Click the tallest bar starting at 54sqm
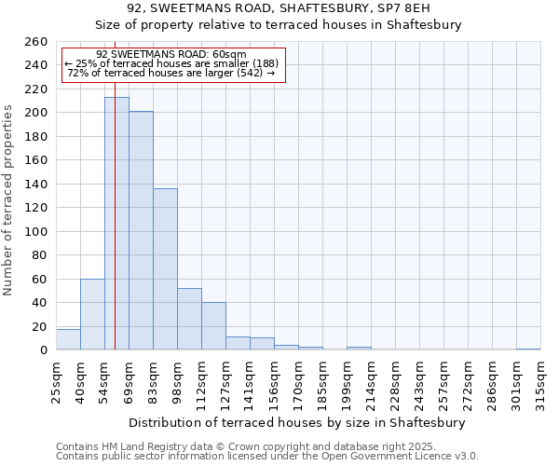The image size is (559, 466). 116,224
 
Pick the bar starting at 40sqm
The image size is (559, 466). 92,314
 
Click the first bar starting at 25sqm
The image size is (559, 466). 68,339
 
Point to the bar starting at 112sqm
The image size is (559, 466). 213,326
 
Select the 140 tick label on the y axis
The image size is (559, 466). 36,185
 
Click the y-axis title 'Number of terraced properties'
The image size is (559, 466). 9,200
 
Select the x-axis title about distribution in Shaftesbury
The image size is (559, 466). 297,422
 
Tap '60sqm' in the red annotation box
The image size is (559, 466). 229,55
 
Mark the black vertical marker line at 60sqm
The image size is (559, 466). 115,233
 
